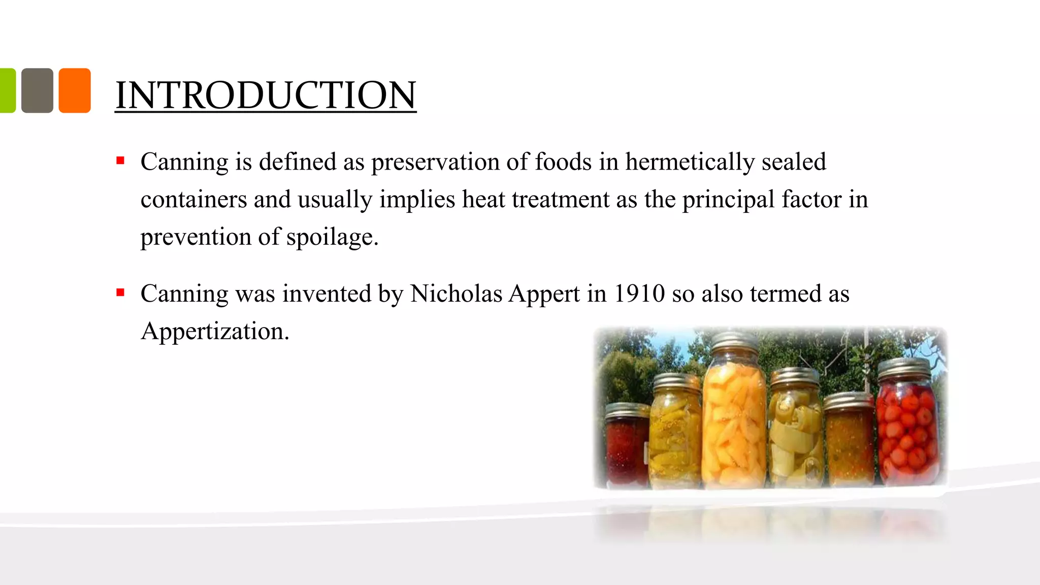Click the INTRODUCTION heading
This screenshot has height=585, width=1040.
point(265,95)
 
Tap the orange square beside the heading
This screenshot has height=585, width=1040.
point(75,90)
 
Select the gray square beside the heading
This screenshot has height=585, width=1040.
point(37,90)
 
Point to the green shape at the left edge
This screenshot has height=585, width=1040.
point(7,90)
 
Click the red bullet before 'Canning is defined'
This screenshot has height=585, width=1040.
point(120,161)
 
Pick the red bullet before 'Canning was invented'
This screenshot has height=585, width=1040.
point(120,292)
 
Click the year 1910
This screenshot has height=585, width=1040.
point(639,294)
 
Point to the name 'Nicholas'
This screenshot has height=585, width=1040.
point(456,294)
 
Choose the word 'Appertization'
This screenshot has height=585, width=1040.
point(214,331)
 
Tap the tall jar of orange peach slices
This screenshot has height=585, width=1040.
point(733,421)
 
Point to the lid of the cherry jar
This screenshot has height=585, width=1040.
point(904,367)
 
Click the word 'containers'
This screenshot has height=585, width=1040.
point(193,200)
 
